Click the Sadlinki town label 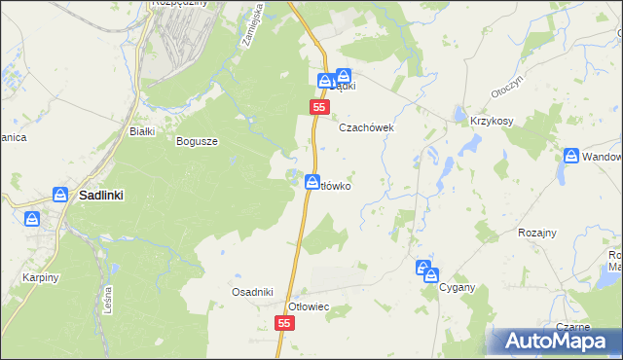[x=101, y=195]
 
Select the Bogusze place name [x=197, y=141]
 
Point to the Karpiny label [x=41, y=277]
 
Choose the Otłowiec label [x=311, y=306]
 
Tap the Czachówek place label [x=365, y=127]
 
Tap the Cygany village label [x=457, y=288]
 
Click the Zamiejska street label [x=246, y=27]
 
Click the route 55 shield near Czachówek [x=318, y=107]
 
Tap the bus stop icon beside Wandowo [x=572, y=156]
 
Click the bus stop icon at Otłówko [x=311, y=181]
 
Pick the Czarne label [x=574, y=327]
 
